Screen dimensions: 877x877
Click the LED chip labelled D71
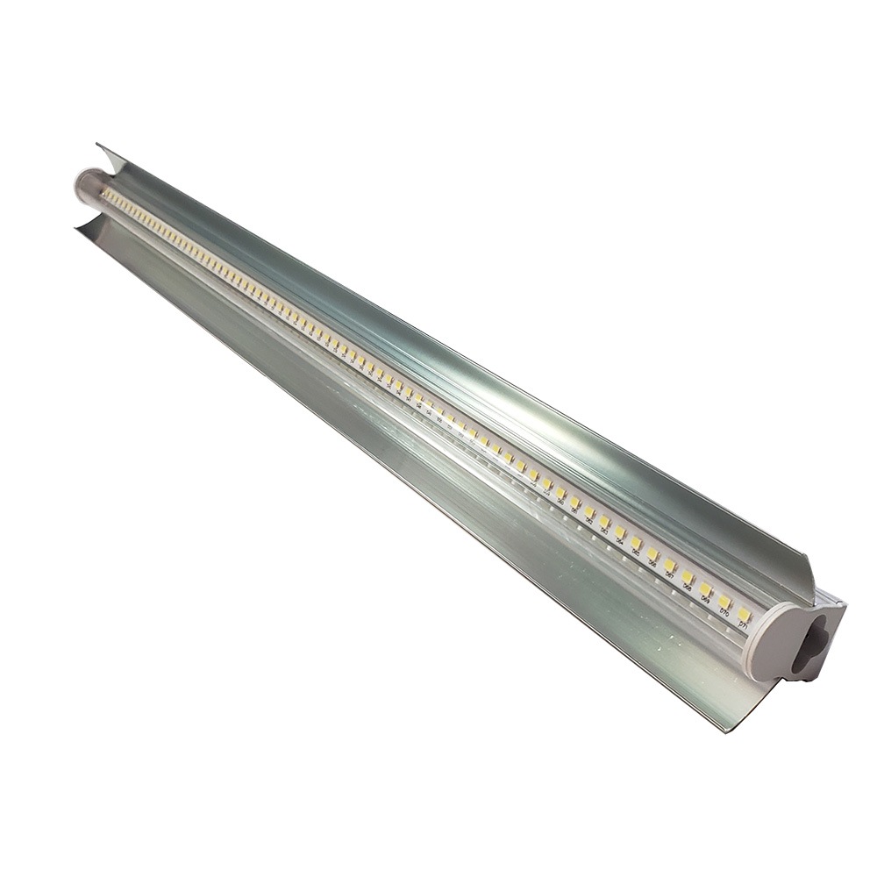click(x=744, y=615)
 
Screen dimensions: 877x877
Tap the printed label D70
click(x=724, y=614)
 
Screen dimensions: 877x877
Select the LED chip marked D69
click(x=706, y=588)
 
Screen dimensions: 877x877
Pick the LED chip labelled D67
click(x=669, y=565)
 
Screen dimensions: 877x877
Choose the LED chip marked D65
click(x=636, y=542)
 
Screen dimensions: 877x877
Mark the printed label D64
click(x=619, y=541)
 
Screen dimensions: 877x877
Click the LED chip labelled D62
click(x=589, y=512)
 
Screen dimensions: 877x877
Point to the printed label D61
click(x=574, y=510)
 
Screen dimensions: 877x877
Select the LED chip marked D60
click(x=560, y=493)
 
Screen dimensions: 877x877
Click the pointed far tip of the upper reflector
click(x=98, y=145)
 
